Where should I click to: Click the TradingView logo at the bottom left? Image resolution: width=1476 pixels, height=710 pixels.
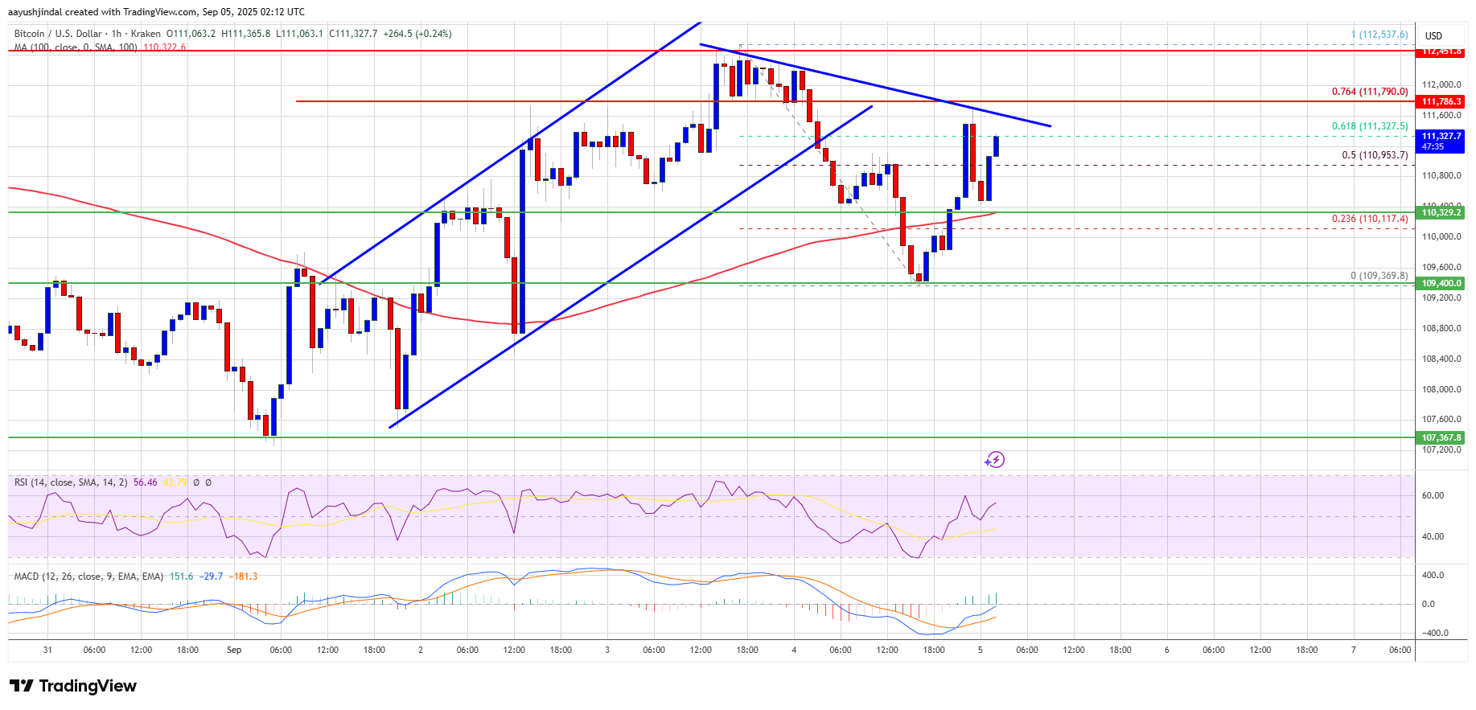click(73, 686)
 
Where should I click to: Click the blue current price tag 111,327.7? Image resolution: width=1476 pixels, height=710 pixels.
click(1441, 141)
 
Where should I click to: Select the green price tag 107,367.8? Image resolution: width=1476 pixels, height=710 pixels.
click(1441, 437)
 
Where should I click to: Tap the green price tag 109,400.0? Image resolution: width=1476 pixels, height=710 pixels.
click(1441, 283)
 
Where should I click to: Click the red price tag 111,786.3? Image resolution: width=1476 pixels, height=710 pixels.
click(1441, 101)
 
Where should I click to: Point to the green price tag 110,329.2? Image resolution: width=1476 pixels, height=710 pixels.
click(1441, 213)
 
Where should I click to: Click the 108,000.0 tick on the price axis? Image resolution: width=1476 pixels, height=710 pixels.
click(1441, 389)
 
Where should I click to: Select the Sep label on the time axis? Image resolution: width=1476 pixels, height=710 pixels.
click(234, 650)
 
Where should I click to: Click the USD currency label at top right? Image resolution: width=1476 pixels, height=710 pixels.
click(1433, 35)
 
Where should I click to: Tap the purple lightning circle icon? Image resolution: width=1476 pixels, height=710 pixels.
click(995, 460)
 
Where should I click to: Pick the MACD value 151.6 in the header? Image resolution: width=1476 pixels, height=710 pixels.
click(181, 577)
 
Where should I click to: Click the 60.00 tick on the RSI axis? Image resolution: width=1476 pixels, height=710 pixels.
click(1433, 495)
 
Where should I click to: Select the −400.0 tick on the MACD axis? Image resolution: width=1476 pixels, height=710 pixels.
click(1435, 633)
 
